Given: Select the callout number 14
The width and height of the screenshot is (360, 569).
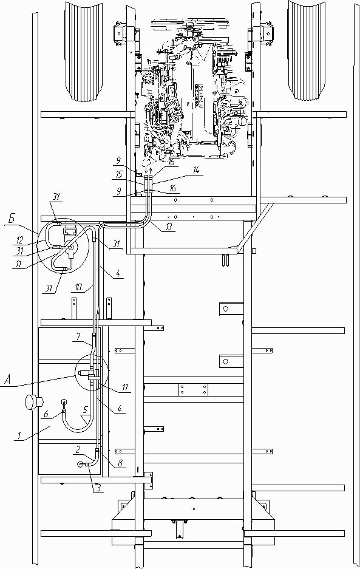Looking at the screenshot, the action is (x=195, y=171).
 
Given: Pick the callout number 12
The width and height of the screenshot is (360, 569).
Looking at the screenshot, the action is (x=19, y=239).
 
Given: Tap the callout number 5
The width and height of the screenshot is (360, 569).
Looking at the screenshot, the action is (x=85, y=411).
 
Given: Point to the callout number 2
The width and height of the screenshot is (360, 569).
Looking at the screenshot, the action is (x=78, y=449).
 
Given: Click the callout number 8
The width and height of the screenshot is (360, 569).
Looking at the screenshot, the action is (x=120, y=463).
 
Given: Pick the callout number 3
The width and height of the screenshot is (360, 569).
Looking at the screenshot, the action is (x=98, y=488).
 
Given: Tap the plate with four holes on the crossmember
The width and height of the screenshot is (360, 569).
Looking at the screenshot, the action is (x=193, y=390).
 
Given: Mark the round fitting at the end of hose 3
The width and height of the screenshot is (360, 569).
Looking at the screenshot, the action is (x=81, y=463).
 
